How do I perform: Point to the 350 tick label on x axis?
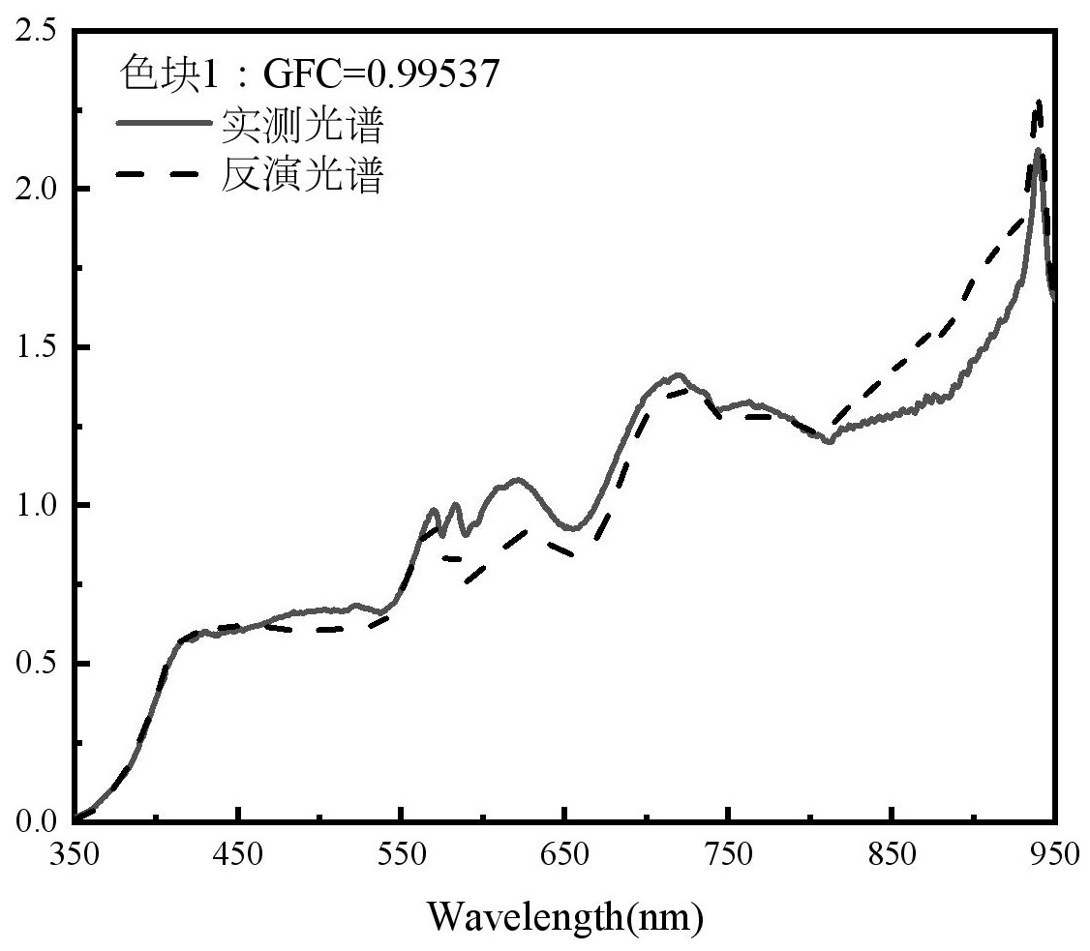(x=75, y=855)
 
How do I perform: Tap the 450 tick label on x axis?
(x=238, y=855)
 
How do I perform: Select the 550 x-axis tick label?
(x=402, y=855)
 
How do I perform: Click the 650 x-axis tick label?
(x=564, y=855)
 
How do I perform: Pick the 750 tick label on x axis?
(x=728, y=855)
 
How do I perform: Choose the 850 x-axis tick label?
(x=892, y=855)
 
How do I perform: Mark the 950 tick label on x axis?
(x=1053, y=855)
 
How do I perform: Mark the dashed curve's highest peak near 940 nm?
(x=1038, y=102)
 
